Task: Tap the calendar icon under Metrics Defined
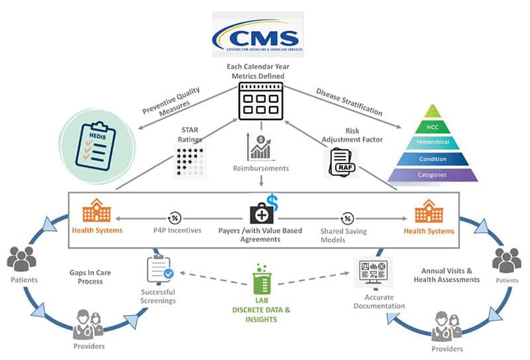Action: (260, 103)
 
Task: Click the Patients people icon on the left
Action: (24, 261)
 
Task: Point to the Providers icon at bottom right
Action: (444, 325)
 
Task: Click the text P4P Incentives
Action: (176, 231)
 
